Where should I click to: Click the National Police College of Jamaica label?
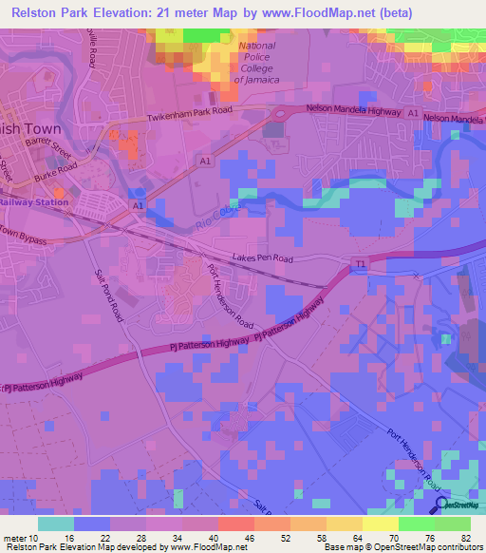[255, 63]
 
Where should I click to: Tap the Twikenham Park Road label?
[190, 116]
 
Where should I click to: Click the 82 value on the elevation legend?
[464, 539]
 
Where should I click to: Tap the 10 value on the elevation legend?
[38, 539]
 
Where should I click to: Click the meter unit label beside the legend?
[14, 539]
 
